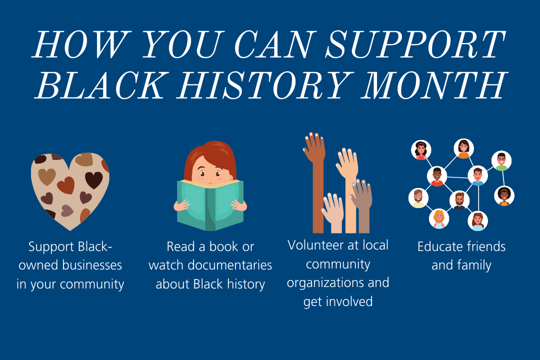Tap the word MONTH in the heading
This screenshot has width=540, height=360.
(434, 85)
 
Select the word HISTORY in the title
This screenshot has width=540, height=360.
(265, 85)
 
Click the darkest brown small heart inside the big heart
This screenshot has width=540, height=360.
(93, 179)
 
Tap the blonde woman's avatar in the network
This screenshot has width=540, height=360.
(439, 219)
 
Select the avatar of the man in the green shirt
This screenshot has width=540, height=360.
(501, 161)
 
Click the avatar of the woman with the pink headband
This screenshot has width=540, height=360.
(421, 150)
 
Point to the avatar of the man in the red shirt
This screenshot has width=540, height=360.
(437, 176)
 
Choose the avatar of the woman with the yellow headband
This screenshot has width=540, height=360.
(504, 195)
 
